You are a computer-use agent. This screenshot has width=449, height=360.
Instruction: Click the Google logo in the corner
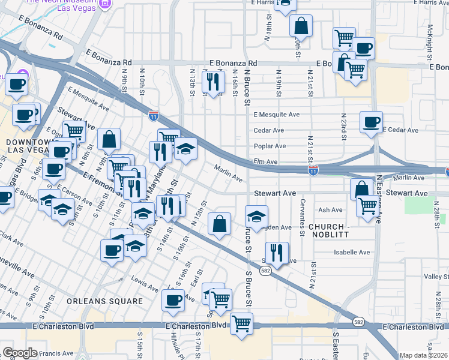tap(20, 353)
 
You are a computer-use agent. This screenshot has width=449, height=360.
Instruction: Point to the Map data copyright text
tap(424, 355)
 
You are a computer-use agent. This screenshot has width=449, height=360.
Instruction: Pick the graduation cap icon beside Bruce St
tap(256, 217)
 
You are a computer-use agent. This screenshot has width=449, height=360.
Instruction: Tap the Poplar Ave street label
tap(270, 146)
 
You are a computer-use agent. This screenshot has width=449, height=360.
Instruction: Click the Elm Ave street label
tap(266, 161)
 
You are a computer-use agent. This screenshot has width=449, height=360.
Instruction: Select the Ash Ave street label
tap(330, 210)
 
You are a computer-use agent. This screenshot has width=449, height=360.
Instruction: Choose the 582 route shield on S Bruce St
tap(265, 271)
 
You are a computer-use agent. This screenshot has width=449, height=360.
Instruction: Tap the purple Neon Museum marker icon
tap(106, 4)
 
